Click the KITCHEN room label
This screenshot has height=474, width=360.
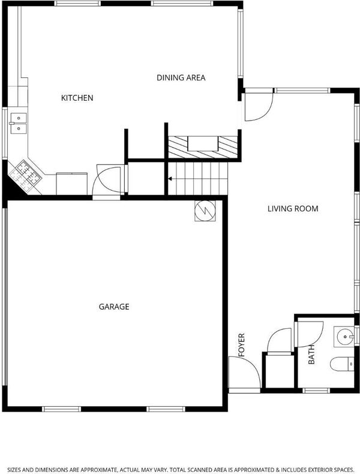77,98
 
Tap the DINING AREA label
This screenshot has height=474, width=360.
181,77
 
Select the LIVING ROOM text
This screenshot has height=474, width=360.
293,209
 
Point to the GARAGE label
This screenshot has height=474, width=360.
114,307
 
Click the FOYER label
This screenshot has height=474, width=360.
241,345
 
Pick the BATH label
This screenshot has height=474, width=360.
311,355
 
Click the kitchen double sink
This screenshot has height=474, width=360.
19,124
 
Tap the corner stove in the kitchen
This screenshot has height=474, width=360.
25,176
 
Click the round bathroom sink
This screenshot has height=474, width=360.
344,337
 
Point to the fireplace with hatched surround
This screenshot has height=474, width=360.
203,147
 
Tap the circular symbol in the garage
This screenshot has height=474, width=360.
205,211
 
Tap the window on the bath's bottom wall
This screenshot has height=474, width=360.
316,391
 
